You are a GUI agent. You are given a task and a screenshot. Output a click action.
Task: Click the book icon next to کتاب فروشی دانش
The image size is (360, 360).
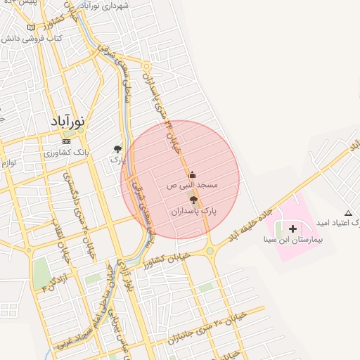pyautogui.click(x=31, y=27)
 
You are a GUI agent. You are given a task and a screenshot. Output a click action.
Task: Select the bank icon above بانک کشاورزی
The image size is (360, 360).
pyautogui.click(x=66, y=141)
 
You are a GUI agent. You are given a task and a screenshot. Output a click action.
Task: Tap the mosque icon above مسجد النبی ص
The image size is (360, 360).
pyautogui.click(x=193, y=174)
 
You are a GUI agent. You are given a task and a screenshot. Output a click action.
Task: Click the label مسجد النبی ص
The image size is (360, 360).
pyautogui.click(x=192, y=186)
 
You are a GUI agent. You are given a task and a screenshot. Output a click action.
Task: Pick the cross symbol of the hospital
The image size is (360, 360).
pyautogui.click(x=292, y=229)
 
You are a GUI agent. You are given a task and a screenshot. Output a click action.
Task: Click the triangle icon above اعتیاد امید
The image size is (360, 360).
pyautogui.click(x=348, y=212)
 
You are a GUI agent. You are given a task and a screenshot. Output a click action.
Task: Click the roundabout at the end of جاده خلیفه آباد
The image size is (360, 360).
pyautogui.click(x=210, y=251)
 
